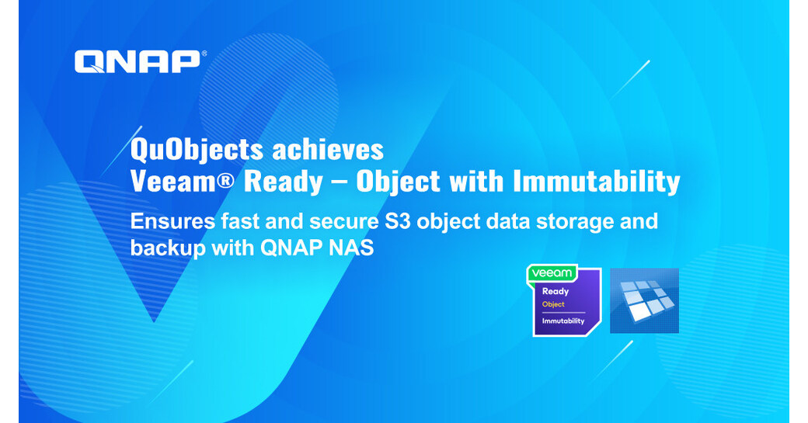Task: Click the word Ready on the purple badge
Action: tap(555, 292)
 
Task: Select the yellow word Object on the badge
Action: tap(553, 304)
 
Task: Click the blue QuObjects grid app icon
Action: tap(644, 300)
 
